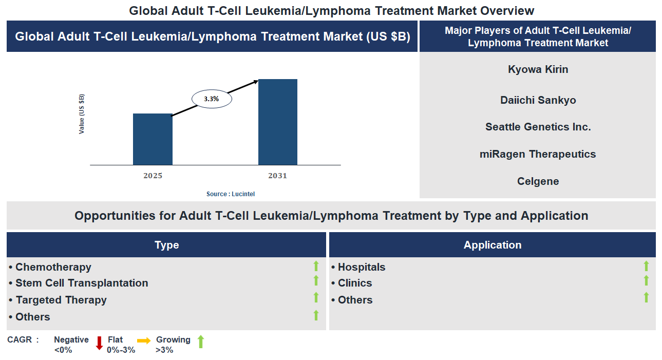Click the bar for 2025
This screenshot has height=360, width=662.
153,139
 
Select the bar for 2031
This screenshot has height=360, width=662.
277,122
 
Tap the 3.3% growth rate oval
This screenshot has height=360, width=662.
212,99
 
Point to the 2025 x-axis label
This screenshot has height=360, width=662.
153,176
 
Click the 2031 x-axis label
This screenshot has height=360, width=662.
277,176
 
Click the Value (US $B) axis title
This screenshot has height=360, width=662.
82,114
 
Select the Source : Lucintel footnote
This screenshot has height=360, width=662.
231,194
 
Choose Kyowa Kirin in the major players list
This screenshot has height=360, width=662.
538,69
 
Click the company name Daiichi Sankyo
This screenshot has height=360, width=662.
538,100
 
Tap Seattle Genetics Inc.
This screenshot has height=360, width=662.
538,127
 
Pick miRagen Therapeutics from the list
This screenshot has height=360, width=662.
538,154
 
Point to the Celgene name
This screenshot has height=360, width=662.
538,181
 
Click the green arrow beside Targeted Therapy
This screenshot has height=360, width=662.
316,298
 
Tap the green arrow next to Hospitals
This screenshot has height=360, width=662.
646,266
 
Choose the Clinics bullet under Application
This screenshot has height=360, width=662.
354,283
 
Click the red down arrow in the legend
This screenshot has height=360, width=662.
100,343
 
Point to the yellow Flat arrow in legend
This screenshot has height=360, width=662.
144,340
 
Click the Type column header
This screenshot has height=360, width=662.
166,245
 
